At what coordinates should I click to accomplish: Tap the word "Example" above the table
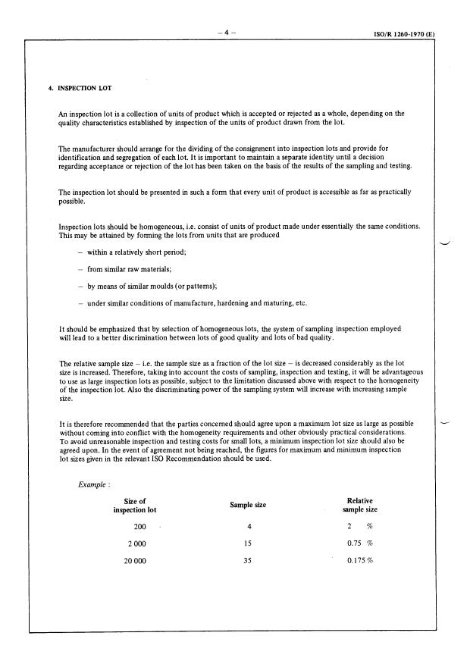pyautogui.click(x=92, y=486)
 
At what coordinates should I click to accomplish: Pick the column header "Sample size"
pyautogui.click(x=250, y=505)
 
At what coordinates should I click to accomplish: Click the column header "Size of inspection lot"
pyautogui.click(x=133, y=505)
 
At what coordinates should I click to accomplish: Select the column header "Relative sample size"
pyautogui.click(x=359, y=505)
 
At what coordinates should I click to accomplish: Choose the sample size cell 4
pyautogui.click(x=249, y=526)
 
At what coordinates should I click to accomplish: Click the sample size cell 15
pyautogui.click(x=249, y=543)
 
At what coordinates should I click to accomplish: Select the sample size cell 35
pyautogui.click(x=249, y=561)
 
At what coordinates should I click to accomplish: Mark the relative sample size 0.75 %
pyautogui.click(x=359, y=543)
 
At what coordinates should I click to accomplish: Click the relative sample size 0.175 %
pyautogui.click(x=359, y=561)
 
